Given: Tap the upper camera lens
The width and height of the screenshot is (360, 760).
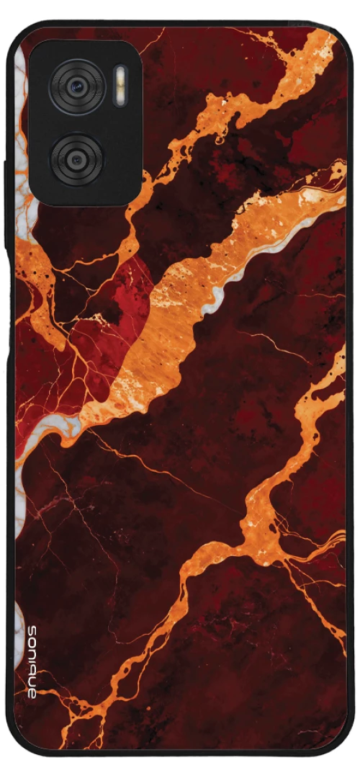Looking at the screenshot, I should [x=76, y=87].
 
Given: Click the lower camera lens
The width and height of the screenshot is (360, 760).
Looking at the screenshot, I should [x=76, y=157].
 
